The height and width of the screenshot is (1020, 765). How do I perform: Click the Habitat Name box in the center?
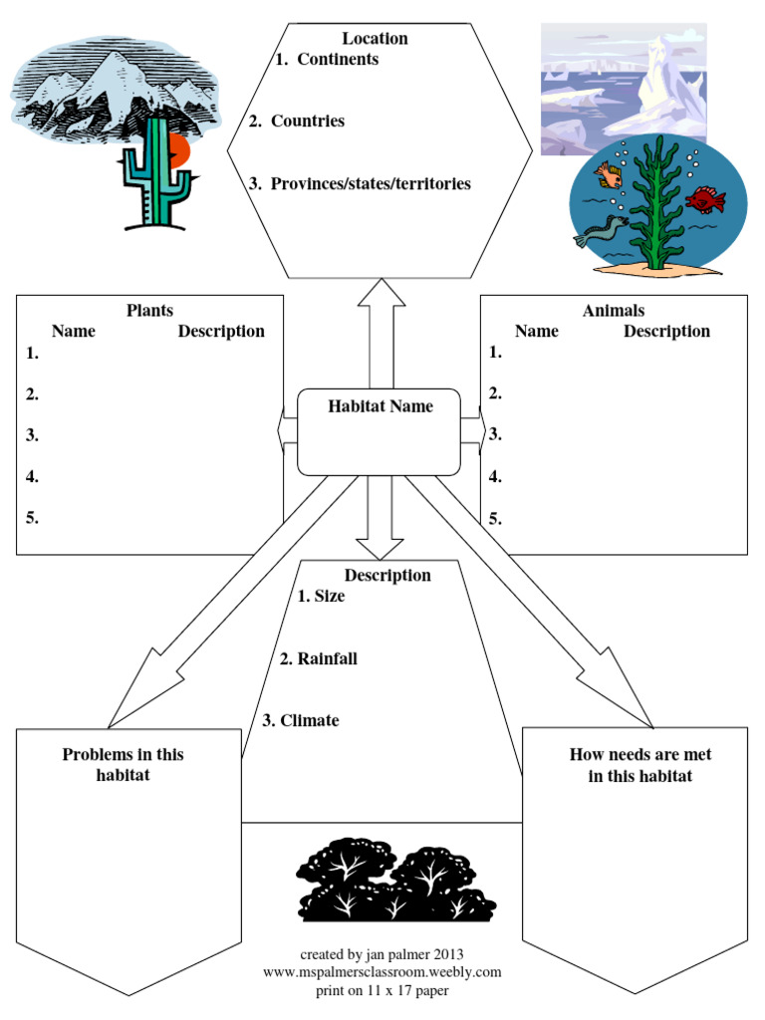point(380,431)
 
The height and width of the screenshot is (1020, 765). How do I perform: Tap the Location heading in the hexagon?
point(375,39)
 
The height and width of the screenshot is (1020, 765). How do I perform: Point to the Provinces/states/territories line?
point(371,184)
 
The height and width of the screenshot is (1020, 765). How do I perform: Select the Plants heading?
point(149,311)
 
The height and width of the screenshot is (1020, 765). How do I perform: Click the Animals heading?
point(613,311)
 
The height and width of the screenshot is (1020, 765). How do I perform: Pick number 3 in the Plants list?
point(32,435)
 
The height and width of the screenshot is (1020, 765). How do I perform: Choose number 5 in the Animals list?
point(495,518)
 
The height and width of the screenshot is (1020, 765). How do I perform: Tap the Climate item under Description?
point(309,720)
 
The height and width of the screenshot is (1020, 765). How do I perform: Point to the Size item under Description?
point(329,597)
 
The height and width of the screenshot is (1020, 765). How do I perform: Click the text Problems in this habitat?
point(123,764)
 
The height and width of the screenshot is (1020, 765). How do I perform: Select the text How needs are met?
point(639,754)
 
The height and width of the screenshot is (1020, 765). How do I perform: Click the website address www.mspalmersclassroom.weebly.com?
point(382,971)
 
